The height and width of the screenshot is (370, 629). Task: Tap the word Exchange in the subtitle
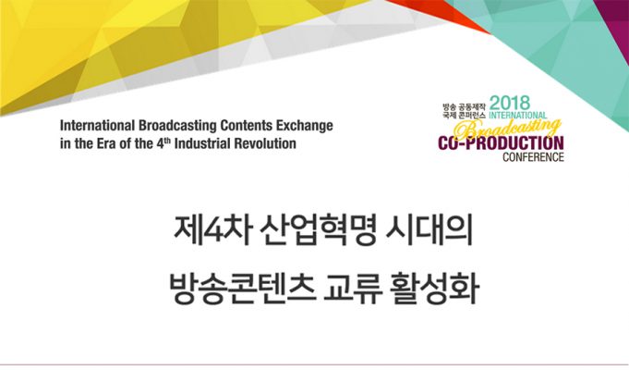305,126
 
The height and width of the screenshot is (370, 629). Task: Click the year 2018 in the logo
510,103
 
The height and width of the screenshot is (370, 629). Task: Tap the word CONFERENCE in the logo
533,156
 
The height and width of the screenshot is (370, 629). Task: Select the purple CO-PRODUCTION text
501,143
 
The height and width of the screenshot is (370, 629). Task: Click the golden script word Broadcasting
507,129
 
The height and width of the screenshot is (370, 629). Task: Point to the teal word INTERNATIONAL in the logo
518,115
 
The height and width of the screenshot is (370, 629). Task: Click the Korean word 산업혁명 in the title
318,232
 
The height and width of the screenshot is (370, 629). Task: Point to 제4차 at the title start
212,232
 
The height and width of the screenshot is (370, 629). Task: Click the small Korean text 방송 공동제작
464,107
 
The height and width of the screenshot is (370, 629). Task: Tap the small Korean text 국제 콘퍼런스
464,115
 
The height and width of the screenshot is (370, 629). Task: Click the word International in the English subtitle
98,126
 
